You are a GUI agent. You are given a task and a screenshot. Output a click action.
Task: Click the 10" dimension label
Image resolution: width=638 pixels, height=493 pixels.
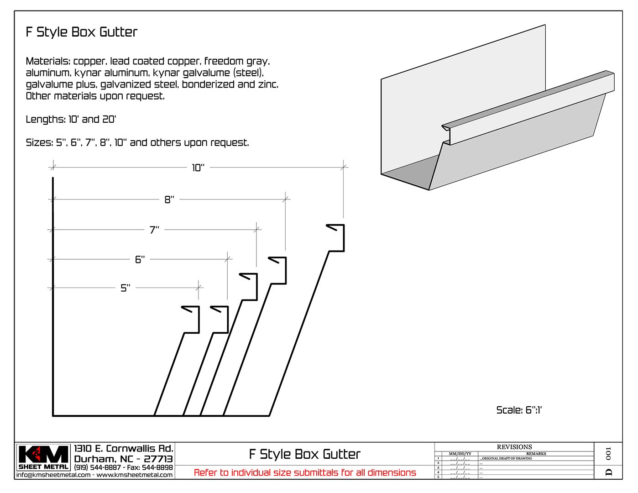(x=198, y=168)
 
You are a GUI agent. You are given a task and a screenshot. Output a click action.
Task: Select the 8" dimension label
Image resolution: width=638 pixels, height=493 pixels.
(x=169, y=200)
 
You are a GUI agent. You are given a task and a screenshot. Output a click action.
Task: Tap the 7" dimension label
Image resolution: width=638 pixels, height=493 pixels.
(x=154, y=230)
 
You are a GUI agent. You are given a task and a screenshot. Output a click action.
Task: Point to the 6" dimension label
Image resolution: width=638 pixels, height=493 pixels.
(x=140, y=260)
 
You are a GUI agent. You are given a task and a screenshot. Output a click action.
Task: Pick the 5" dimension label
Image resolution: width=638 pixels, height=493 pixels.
(x=125, y=288)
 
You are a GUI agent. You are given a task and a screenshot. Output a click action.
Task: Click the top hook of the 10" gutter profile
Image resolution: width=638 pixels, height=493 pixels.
(x=336, y=227)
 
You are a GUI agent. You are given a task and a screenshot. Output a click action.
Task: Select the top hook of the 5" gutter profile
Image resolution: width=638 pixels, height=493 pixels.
(x=191, y=309)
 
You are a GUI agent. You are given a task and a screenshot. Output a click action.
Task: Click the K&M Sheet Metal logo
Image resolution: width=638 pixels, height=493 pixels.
(x=44, y=457)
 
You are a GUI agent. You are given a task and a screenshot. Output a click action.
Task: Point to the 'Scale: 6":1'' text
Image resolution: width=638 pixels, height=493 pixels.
(x=519, y=410)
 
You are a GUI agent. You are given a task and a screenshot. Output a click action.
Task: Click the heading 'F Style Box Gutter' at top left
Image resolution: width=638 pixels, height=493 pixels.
(x=82, y=32)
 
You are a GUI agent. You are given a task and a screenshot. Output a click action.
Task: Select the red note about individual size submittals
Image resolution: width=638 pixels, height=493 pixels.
(x=305, y=472)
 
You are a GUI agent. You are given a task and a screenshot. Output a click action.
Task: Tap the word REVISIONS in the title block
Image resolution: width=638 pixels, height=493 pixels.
(x=514, y=447)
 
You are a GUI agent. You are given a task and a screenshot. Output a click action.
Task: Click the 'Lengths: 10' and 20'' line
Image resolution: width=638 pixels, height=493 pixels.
(x=71, y=120)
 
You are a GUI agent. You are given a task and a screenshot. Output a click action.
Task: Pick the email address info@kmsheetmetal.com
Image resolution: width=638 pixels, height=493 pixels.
(x=53, y=475)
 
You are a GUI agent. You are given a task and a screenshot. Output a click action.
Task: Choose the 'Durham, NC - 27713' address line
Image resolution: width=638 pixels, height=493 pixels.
(x=123, y=459)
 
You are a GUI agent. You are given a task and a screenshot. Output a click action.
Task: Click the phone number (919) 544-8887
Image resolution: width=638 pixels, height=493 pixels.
(x=97, y=467)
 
